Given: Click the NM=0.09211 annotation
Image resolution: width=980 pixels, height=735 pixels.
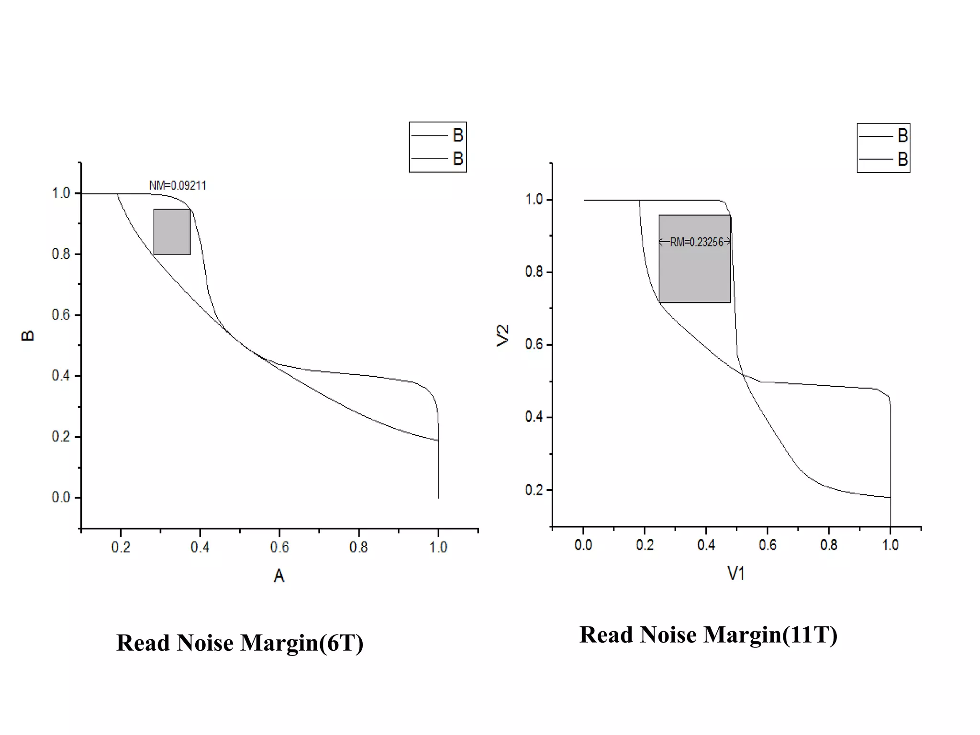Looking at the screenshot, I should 178,186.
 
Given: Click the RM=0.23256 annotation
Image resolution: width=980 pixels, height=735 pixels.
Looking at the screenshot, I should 696,242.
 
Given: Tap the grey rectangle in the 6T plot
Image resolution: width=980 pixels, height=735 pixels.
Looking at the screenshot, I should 172,232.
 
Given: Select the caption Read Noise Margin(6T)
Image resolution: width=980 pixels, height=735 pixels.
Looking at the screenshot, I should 240,643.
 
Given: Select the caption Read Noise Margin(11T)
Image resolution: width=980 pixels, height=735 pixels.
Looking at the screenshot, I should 708,635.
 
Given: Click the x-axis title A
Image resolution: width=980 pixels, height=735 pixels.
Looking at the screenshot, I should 279,576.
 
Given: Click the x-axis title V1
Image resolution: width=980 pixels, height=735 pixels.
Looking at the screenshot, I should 736,573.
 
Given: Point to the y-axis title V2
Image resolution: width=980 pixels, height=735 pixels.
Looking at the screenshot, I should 503,335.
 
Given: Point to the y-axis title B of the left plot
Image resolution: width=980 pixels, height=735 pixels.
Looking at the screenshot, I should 28,335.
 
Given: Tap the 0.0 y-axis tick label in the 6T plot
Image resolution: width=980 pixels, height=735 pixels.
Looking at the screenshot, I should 61,498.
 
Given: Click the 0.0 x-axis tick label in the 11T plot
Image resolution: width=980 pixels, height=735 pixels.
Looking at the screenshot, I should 583,545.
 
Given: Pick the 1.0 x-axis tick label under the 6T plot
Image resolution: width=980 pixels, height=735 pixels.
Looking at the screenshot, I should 438,547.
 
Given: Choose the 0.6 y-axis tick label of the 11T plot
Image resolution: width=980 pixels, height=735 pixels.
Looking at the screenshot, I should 534,345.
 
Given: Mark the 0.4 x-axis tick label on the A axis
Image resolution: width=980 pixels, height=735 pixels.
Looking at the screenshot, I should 200,547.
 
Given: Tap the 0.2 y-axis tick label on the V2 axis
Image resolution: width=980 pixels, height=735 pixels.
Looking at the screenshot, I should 534,490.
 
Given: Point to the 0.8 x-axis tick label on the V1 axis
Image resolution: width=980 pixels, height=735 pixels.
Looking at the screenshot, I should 829,545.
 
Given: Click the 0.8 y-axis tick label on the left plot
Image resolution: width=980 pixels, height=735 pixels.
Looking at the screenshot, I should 61,254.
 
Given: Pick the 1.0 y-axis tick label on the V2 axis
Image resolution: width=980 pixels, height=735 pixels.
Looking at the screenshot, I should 534,200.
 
